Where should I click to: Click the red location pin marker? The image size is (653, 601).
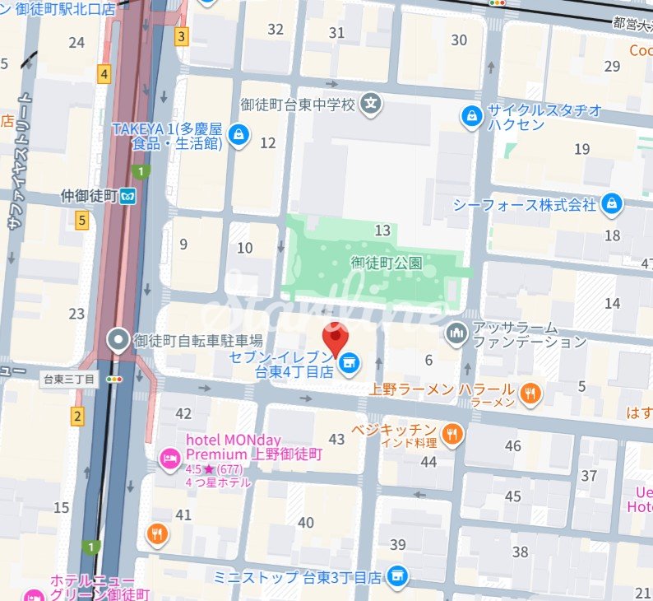[335, 338]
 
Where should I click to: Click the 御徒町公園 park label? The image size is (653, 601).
[387, 263]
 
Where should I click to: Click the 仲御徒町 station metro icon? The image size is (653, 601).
[127, 196]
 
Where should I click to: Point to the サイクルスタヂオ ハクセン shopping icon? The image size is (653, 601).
[472, 116]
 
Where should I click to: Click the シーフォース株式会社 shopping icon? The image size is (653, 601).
[611, 203]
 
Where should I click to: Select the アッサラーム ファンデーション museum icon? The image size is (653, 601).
[455, 333]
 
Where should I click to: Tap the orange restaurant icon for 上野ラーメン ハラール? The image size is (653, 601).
[531, 394]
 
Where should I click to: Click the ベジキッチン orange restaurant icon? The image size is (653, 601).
[451, 434]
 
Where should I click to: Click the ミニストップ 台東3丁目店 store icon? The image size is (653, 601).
[398, 575]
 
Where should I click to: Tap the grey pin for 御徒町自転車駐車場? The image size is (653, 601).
[118, 340]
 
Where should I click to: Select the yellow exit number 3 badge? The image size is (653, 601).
[181, 36]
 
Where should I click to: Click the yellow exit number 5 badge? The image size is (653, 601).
[81, 220]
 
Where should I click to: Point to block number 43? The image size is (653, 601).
[336, 439]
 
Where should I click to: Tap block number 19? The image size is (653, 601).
[582, 149]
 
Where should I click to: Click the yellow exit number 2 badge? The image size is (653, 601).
[77, 417]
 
